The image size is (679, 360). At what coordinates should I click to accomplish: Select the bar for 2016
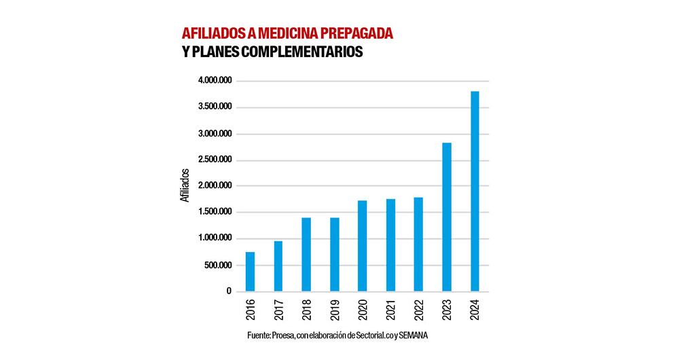(250, 272)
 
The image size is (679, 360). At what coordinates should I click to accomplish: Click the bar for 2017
(278, 266)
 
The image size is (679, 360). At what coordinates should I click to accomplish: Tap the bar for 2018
(306, 255)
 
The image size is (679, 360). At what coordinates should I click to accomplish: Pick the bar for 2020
(362, 246)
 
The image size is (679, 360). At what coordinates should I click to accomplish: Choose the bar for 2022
(418, 245)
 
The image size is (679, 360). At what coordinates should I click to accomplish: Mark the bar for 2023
(447, 217)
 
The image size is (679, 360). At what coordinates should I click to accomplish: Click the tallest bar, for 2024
(475, 192)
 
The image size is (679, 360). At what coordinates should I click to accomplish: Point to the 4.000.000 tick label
(215, 81)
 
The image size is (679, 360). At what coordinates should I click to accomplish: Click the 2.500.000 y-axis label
(215, 160)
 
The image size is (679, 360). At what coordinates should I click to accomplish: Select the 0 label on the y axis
(230, 291)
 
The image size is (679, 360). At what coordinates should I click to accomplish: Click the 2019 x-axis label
(335, 310)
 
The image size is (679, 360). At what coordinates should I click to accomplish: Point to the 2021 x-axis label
(390, 310)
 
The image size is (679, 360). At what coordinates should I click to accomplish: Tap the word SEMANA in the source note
(414, 336)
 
